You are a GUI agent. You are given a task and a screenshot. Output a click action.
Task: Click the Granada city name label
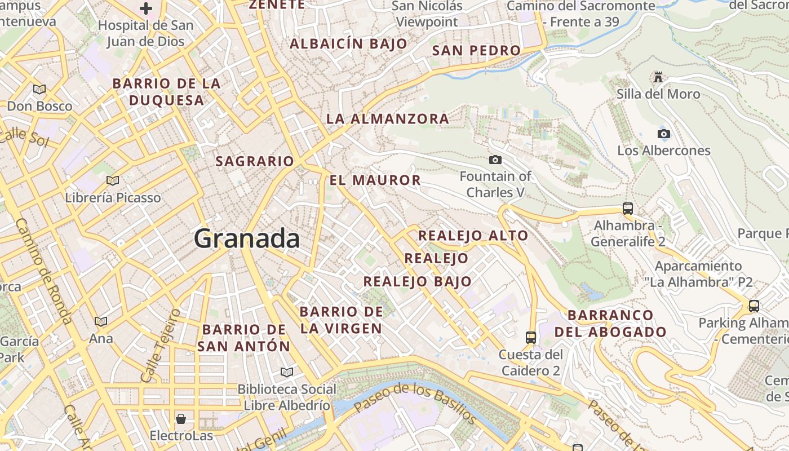coord(247,239)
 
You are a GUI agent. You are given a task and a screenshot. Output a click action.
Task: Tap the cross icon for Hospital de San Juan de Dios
coord(146,8)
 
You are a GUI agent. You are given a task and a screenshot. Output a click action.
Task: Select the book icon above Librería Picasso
coord(113,180)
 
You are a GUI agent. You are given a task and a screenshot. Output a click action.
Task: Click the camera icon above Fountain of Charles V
coord(495,160)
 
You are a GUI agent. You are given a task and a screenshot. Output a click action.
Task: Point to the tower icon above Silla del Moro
coord(658,77)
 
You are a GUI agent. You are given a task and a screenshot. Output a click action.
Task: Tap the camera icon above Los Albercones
coord(664,134)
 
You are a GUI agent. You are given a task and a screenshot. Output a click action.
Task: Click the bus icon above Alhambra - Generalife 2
coord(628,208)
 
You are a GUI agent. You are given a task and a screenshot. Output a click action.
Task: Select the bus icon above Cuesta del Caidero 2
coord(531,337)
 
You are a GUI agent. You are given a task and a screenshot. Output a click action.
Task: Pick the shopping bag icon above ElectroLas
coord(181,418)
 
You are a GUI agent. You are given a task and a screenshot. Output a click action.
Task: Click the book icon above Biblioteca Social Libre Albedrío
coord(287,372)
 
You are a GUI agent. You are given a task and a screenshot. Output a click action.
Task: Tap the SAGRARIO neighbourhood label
coord(255,161)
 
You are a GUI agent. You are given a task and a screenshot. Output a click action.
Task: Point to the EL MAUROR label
coord(375,180)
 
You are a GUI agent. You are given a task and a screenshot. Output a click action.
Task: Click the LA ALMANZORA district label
coord(388,119)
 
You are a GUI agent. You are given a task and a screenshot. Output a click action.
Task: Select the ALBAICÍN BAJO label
coord(348,44)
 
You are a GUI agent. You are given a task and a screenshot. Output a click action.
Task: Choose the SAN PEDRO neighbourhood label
coord(476,51)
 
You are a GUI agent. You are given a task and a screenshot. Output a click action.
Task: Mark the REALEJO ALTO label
coord(473,236)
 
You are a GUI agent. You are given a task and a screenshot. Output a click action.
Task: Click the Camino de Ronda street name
coord(43,271)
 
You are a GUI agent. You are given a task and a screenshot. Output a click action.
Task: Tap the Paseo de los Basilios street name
coord(415,403)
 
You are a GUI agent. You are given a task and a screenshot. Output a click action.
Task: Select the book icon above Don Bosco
coord(39,89)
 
